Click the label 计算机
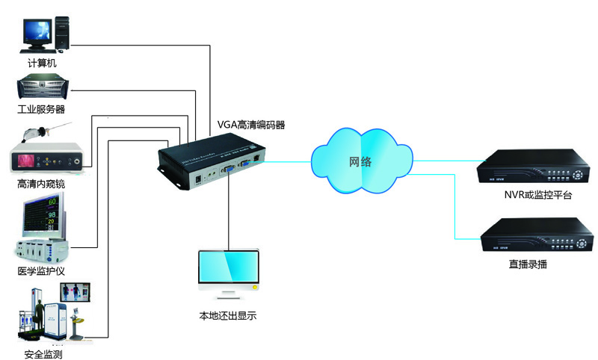pos(42,63)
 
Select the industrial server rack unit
pos(44,89)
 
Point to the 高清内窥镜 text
pos(40,184)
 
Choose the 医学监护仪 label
pos(41,270)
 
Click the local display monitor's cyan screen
pos(228,270)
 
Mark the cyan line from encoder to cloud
pos(288,160)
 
